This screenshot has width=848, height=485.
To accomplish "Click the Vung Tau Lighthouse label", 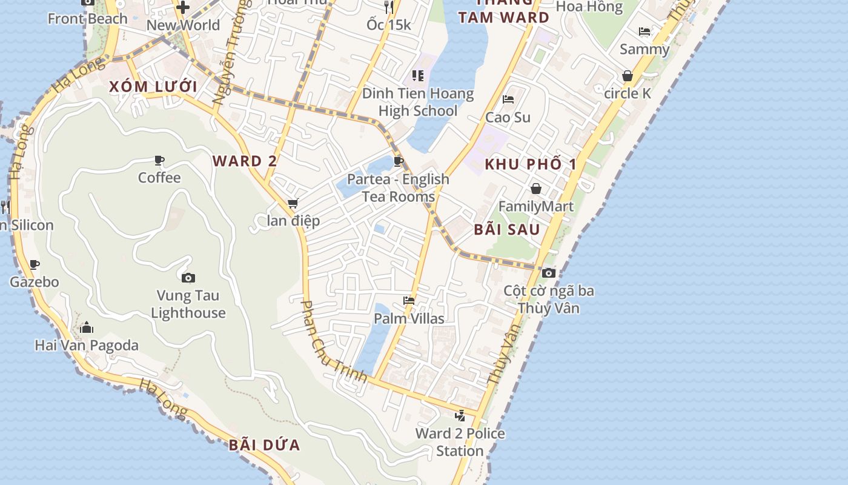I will [188, 304].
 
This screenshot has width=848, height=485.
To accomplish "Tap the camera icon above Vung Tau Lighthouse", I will [188, 278].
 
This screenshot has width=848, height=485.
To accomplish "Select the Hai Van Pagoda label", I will [87, 346].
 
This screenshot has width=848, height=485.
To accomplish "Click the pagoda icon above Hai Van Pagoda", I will [87, 328].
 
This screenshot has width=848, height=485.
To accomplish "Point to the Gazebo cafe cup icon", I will [35, 264].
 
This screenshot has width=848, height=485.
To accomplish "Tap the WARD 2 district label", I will [245, 161].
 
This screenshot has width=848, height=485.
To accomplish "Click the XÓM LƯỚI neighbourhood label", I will [153, 87].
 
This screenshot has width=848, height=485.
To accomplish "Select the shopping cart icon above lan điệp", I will [293, 204].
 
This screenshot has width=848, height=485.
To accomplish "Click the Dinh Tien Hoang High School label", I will [418, 102].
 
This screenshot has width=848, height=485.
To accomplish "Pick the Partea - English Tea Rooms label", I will [398, 188].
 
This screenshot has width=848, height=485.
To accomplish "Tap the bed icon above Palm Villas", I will [409, 301].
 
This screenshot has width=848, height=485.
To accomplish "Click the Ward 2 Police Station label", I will [460, 442].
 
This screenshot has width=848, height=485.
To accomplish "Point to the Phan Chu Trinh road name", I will [334, 342].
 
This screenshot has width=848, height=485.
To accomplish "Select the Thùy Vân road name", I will [504, 354].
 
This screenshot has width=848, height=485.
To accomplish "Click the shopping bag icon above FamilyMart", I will [535, 189].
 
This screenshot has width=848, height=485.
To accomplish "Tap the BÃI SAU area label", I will [507, 230].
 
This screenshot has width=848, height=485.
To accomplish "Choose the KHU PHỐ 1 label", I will [531, 164].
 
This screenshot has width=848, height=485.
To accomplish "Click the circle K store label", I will [628, 93].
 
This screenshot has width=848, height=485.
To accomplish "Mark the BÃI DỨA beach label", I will [264, 445].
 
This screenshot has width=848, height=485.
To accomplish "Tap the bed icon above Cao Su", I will [508, 99].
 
